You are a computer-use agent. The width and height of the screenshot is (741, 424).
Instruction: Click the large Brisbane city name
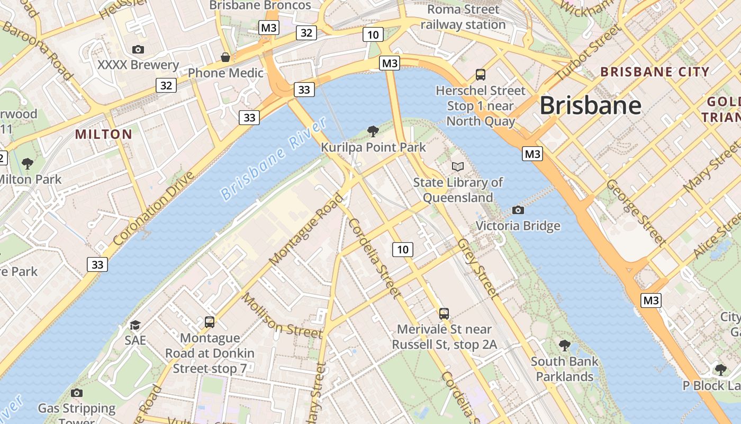[x=590, y=105]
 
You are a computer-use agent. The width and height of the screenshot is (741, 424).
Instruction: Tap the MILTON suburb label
[x=104, y=134]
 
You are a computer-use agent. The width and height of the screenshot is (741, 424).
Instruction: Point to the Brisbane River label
[x=274, y=159]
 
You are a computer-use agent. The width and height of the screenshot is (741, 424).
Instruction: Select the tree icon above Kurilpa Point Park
[x=373, y=131]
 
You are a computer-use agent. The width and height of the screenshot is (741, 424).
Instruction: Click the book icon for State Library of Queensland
[x=458, y=167]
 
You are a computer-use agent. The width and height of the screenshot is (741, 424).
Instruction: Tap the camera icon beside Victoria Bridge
[x=518, y=210]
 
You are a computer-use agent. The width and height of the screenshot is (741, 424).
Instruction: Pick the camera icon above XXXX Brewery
[x=138, y=49]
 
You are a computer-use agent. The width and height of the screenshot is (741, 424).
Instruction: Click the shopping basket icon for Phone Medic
[x=225, y=57]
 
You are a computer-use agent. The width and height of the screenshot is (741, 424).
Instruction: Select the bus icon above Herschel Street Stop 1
[x=481, y=75]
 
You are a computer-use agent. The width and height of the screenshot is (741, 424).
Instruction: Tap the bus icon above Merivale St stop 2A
[x=444, y=313]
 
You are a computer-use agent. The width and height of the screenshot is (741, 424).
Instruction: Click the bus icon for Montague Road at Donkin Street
[x=210, y=322]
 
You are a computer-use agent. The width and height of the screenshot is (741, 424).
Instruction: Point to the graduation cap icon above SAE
[x=135, y=325]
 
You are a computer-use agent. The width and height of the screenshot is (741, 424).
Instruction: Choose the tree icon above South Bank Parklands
[x=565, y=346]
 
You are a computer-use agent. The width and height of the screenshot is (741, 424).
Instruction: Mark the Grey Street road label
[x=477, y=269]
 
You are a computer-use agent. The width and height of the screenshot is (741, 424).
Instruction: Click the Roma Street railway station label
[x=463, y=17]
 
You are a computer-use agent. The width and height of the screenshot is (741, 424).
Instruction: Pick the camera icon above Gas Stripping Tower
[x=77, y=393]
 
